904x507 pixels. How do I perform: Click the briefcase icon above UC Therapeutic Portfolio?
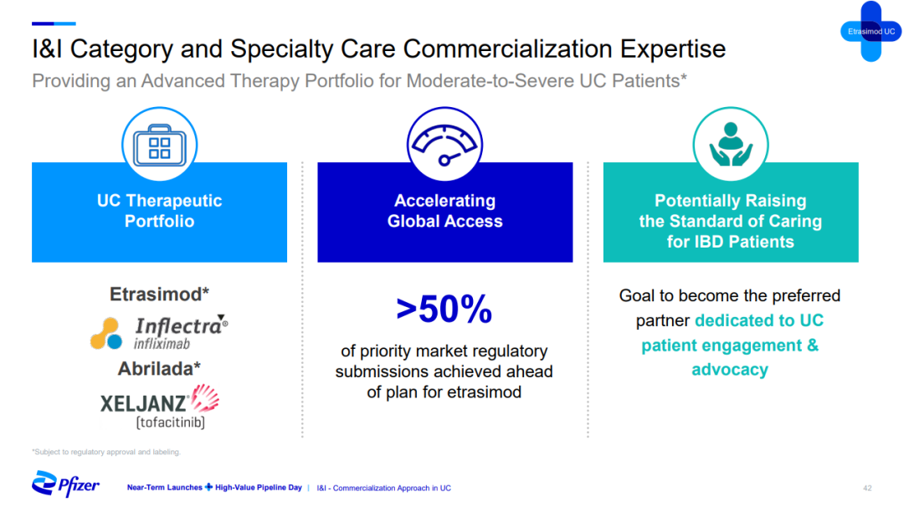pos(160,145)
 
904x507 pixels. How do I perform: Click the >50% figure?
pos(444,309)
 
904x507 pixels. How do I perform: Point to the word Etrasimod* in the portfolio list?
pos(159,294)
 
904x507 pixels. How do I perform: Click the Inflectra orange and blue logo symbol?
pos(106,333)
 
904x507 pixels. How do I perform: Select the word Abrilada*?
pos(159,369)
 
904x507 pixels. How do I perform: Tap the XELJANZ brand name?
pos(144,403)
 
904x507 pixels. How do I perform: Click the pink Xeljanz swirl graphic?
pos(205,398)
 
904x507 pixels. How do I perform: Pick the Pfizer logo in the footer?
pos(65,484)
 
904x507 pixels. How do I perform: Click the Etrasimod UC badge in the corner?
pos(871,32)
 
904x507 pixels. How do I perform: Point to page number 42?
pos(867,488)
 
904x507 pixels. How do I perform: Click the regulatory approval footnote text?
pos(106,453)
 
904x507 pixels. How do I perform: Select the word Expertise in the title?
pos(673,49)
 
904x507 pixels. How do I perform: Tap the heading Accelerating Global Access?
pos(444,211)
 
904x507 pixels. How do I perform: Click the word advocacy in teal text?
pos(730,369)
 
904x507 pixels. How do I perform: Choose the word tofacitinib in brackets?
pos(171,422)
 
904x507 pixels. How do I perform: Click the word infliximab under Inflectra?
pos(162,344)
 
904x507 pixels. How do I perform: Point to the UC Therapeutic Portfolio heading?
pos(160,211)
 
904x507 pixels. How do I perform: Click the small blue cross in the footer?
pos(208,488)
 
